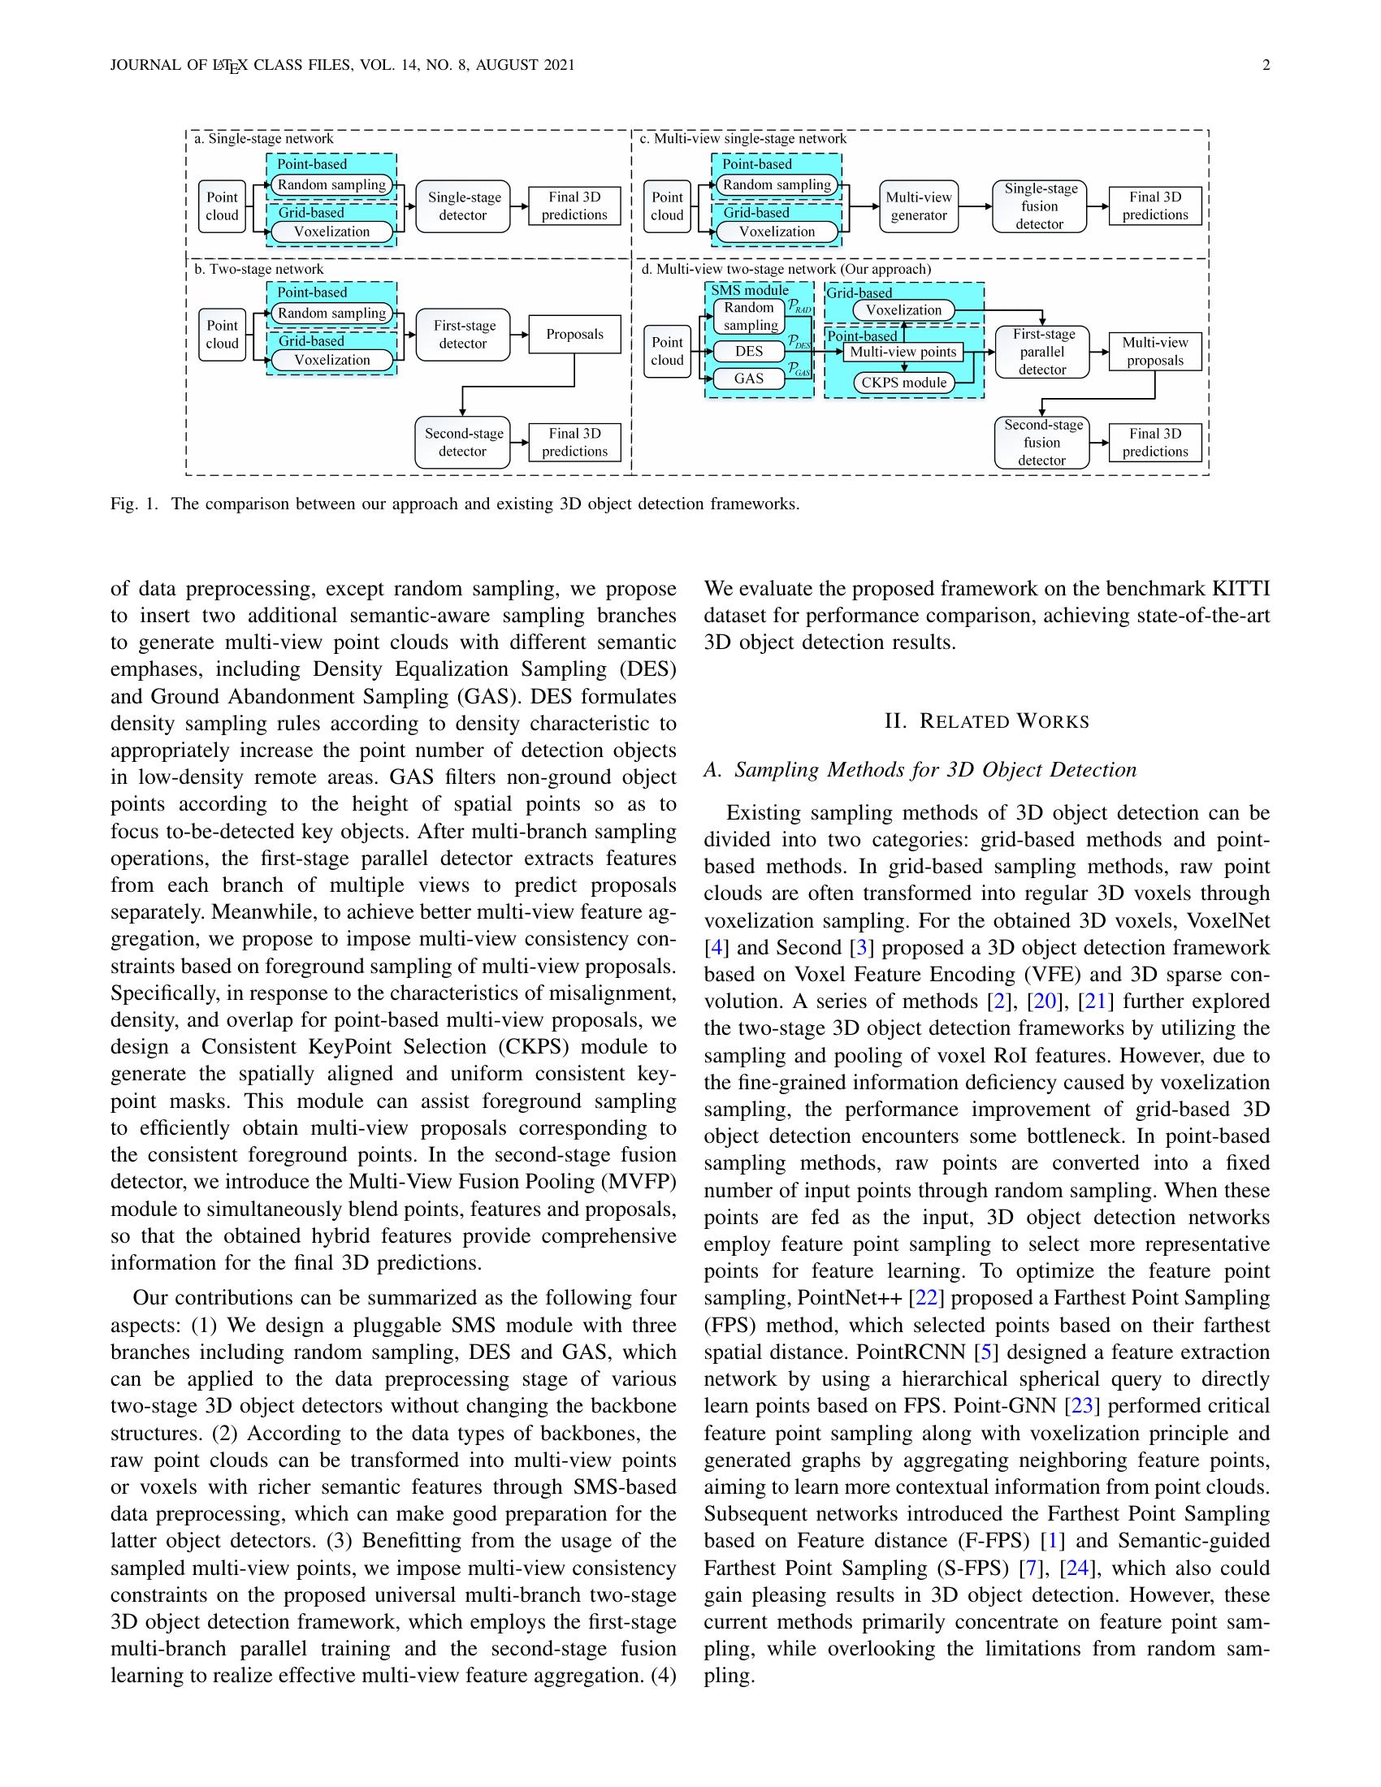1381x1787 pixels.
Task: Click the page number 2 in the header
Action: [x=1266, y=66]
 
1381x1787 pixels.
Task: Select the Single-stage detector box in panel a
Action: [x=463, y=206]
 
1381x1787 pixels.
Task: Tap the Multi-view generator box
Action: [x=918, y=206]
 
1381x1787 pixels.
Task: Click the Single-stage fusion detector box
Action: [x=1039, y=206]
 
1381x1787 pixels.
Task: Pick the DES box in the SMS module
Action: [x=749, y=352]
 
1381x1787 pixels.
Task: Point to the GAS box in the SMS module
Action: [x=749, y=379]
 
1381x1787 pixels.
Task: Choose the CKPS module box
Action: [x=903, y=382]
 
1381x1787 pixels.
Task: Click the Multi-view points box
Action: [x=903, y=352]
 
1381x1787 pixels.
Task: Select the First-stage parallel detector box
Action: [x=1041, y=352]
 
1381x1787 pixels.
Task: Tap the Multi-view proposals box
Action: [x=1154, y=352]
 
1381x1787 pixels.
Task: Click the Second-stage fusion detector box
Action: [x=1041, y=443]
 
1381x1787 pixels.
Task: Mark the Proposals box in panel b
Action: [x=574, y=335]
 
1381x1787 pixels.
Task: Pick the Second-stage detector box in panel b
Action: [x=462, y=443]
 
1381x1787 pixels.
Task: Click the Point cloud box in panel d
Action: [x=667, y=352]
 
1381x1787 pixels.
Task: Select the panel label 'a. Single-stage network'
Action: [x=262, y=139]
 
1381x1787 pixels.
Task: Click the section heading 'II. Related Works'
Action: [x=987, y=721]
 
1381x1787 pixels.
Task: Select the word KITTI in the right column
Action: [x=1240, y=589]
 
